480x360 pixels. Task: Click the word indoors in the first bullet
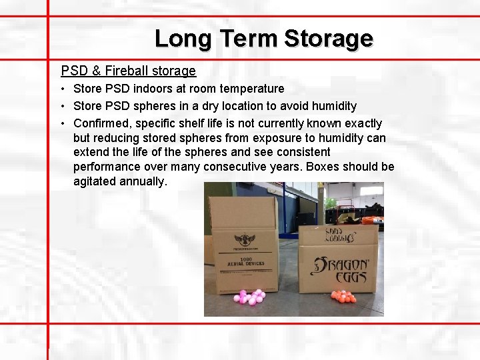click(159, 89)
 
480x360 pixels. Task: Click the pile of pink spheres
click(250, 297)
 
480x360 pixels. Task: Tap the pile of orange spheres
click(343, 296)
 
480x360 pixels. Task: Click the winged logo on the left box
click(245, 239)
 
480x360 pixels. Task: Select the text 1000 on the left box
click(245, 257)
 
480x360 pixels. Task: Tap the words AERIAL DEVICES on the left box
click(245, 263)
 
